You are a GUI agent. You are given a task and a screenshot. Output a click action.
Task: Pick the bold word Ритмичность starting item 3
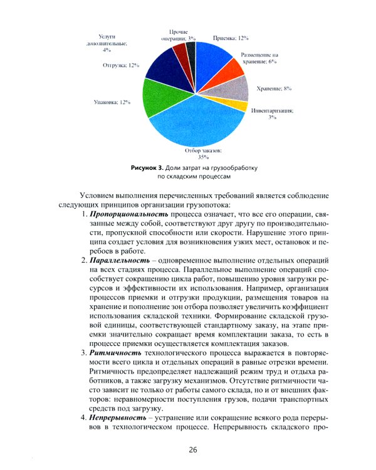pyautogui.click(x=113, y=355)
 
